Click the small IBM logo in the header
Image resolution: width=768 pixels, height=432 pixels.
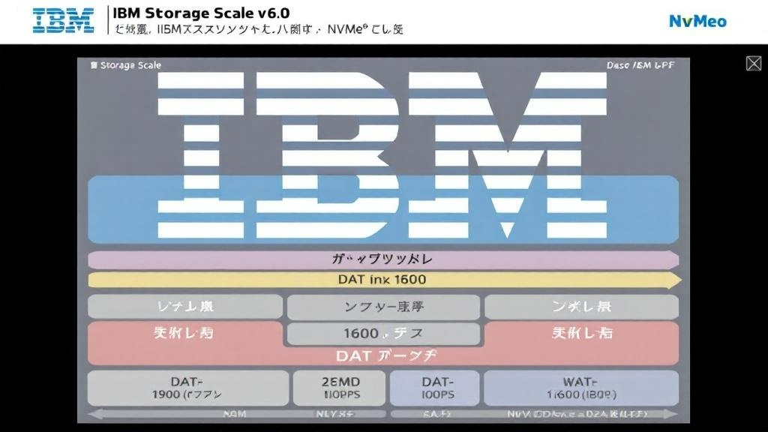(x=64, y=20)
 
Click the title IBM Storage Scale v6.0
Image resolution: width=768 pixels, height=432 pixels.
(x=201, y=13)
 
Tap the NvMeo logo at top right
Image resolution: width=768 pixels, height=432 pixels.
(x=697, y=21)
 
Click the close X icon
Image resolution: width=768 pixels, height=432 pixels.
(x=754, y=64)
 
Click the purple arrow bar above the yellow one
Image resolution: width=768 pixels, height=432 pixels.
(x=382, y=259)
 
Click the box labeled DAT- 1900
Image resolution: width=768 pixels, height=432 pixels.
(x=187, y=388)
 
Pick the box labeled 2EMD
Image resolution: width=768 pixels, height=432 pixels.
(x=340, y=388)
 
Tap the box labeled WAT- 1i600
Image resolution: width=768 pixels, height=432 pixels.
(x=580, y=388)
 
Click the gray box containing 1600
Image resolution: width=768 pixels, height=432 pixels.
(x=382, y=333)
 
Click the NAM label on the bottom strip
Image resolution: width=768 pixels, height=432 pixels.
(x=235, y=413)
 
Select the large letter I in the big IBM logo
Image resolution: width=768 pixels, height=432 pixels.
(x=202, y=142)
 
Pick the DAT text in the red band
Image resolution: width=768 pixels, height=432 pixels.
(x=352, y=355)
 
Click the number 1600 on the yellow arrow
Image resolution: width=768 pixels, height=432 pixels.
(x=409, y=280)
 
